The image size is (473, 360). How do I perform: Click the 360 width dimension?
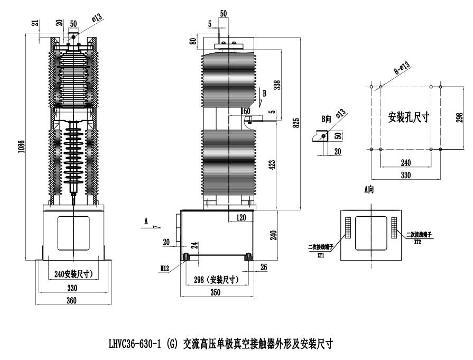72,301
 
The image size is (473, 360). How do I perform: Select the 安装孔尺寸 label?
408,117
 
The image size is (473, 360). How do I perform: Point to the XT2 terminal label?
417,240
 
